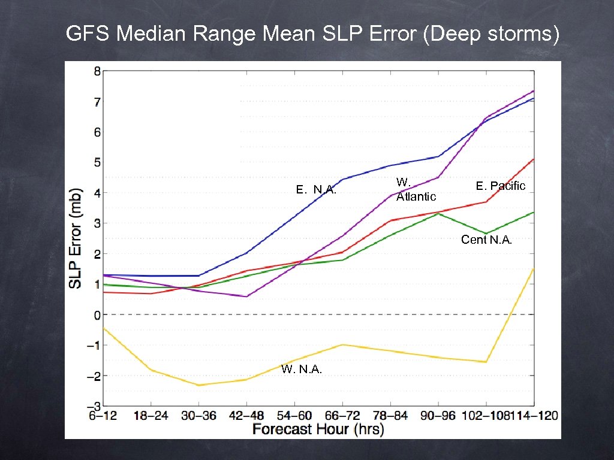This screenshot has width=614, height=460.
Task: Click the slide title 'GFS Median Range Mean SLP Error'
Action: pos(312,34)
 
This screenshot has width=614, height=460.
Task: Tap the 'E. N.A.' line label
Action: pos(316,190)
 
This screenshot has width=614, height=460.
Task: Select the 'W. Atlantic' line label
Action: pos(416,189)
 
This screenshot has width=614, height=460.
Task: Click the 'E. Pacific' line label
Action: pos(500,186)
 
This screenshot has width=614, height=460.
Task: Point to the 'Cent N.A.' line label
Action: pos(486,240)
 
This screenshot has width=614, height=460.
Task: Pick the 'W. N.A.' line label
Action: pos(302,370)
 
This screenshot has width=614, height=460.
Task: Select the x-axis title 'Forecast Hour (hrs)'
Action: pos(318,429)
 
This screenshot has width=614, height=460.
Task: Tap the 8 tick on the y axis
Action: pos(97,71)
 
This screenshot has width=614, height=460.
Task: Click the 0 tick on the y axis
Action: pos(97,314)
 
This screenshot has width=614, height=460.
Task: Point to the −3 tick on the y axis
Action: pos(94,406)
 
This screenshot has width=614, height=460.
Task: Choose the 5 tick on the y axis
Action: pos(97,162)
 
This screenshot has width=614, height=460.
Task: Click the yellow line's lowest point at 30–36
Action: pos(199,385)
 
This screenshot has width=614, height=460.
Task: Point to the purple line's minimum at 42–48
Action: pos(247,296)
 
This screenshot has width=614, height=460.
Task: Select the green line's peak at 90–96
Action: pos(438,213)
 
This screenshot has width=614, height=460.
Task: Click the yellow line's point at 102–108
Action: pos(486,362)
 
